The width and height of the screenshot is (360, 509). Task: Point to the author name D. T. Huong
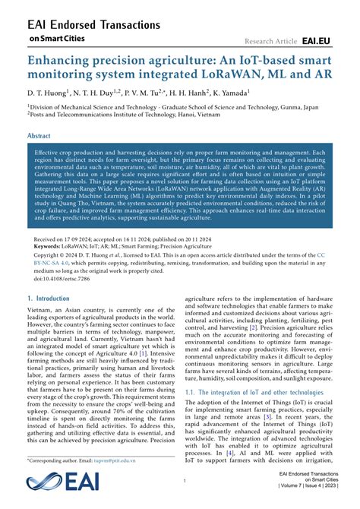[x=46, y=93]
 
